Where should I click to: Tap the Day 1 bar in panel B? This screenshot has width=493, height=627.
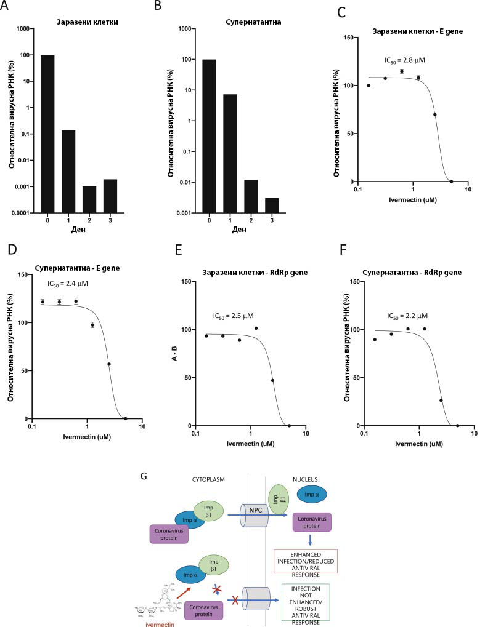229,153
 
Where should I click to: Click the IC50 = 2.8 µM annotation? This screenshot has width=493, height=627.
405,60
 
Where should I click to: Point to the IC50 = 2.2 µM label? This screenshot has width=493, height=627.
407,316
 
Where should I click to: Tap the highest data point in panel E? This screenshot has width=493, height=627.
256,328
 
